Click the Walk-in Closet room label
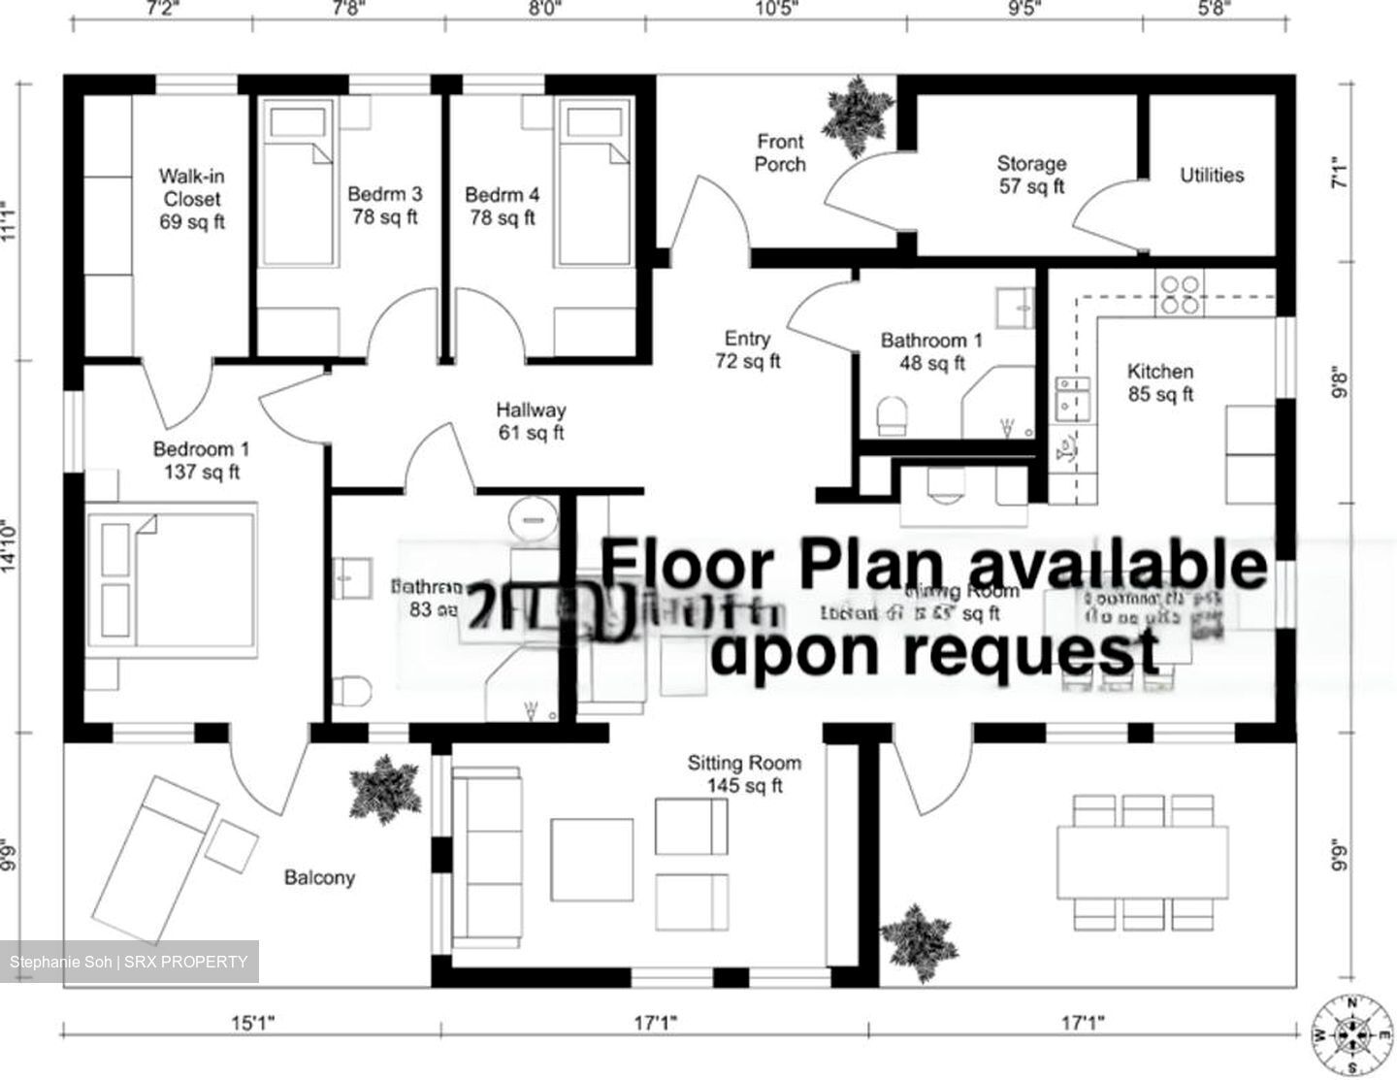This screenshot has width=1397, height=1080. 191,198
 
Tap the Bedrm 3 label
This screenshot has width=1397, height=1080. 385,205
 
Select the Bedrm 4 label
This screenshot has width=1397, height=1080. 502,206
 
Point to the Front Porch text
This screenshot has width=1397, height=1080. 780,153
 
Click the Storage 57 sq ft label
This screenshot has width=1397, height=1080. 1031,175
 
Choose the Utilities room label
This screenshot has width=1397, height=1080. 1212,175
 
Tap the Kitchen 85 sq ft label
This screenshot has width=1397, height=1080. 1160,382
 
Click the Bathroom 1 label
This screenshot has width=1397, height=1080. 931,351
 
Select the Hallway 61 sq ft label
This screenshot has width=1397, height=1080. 531,421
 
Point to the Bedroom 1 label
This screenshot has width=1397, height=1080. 202,460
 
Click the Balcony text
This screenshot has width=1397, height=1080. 319,877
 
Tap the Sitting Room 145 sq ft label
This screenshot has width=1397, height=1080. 745,773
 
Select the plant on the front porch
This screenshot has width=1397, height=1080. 856,115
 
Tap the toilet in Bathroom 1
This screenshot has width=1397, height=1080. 891,417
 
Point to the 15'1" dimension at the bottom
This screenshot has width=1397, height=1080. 252,1022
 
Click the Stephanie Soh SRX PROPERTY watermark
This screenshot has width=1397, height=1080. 129,962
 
